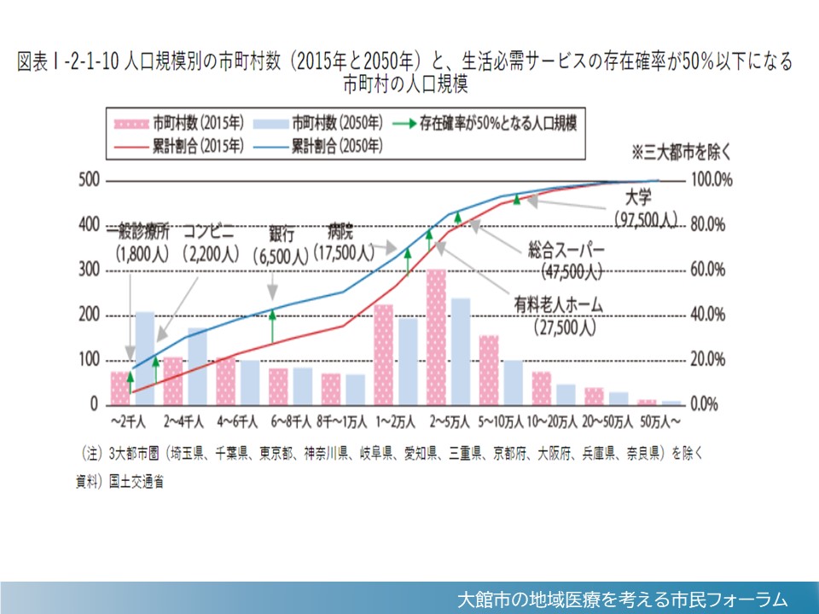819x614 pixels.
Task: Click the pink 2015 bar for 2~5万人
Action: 436,337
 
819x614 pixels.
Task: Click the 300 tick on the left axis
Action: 88,270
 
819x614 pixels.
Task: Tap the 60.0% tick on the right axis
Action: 708,270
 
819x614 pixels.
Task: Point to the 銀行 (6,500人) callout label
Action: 282,245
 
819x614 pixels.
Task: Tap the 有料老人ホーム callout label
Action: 558,303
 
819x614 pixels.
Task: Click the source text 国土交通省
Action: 136,481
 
